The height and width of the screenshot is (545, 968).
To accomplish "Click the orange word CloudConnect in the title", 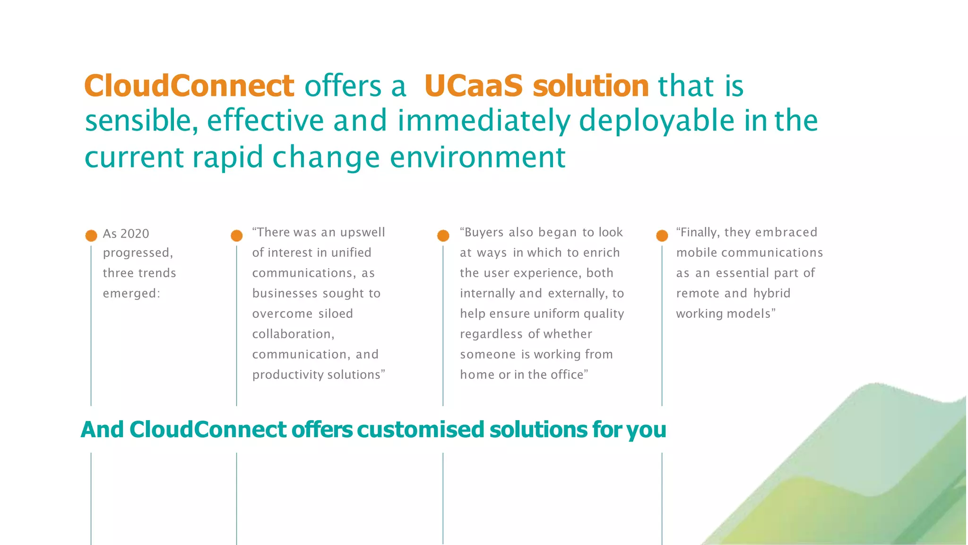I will pos(189,86).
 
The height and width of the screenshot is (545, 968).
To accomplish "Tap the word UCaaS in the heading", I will pos(473,86).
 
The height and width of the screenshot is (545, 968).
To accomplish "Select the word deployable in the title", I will pos(657,121).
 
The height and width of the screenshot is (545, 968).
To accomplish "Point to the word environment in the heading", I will pos(477,157).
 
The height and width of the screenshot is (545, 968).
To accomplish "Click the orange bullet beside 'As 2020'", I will pos(91,236).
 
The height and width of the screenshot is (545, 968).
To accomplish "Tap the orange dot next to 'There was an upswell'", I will pos(237,236).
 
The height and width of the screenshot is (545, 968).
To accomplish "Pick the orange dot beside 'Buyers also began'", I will pos(443,236).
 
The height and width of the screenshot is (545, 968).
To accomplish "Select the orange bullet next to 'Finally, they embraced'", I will pos(662,236).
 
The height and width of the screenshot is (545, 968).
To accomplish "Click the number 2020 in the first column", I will pos(135,234).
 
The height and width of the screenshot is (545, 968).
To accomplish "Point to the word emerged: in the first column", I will pos(131,294).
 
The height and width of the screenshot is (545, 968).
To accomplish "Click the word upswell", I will pos(363,232).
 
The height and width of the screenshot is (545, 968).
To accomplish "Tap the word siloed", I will pos(336,314).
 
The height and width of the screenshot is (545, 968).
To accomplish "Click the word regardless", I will pos(491,334).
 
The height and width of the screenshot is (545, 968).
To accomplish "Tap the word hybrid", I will pos(772,293).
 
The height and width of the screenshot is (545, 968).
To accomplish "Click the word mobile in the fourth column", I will pos(697,253).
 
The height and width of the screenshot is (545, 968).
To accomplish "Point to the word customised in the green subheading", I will pos(421,430).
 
